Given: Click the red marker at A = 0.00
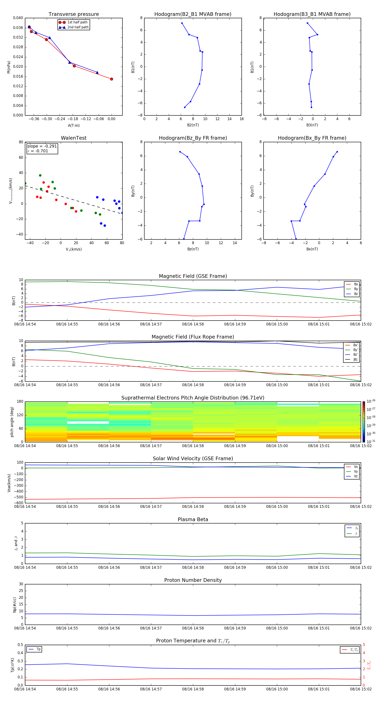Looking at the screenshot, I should pyautogui.click(x=112, y=79).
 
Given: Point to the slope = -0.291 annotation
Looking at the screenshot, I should pyautogui.click(x=42, y=146).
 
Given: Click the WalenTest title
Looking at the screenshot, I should pyautogui.click(x=74, y=138).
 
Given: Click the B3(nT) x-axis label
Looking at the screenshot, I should pyautogui.click(x=312, y=125).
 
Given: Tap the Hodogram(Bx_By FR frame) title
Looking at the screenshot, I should pyautogui.click(x=312, y=138).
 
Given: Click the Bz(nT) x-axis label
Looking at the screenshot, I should pyautogui.click(x=193, y=249).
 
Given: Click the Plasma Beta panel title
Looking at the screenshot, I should pyautogui.click(x=193, y=519).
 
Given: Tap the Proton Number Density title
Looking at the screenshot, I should pyautogui.click(x=193, y=580).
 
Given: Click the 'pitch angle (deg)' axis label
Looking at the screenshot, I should pyautogui.click(x=12, y=422).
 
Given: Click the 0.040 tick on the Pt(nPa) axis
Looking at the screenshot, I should pyautogui.click(x=18, y=18).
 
